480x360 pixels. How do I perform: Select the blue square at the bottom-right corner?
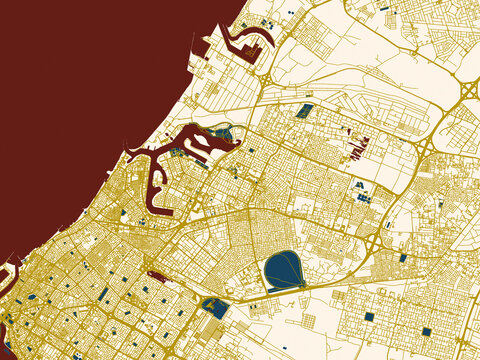pyautogui.click(x=426, y=331)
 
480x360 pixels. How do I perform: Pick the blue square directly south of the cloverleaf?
pyautogui.click(x=403, y=258)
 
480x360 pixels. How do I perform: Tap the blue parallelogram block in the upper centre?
pyautogui.click(x=305, y=110)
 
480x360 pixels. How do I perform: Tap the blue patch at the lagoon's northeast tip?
pyautogui.click(x=223, y=132)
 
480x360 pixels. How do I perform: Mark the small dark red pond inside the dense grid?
pyautogui.click(x=152, y=272)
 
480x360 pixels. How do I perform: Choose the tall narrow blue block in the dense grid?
pyautogui.click(x=103, y=294)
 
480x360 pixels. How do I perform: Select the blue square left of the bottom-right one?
pyautogui.click(x=368, y=318)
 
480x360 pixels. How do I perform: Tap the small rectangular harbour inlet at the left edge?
pyautogui.click(x=10, y=268)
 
